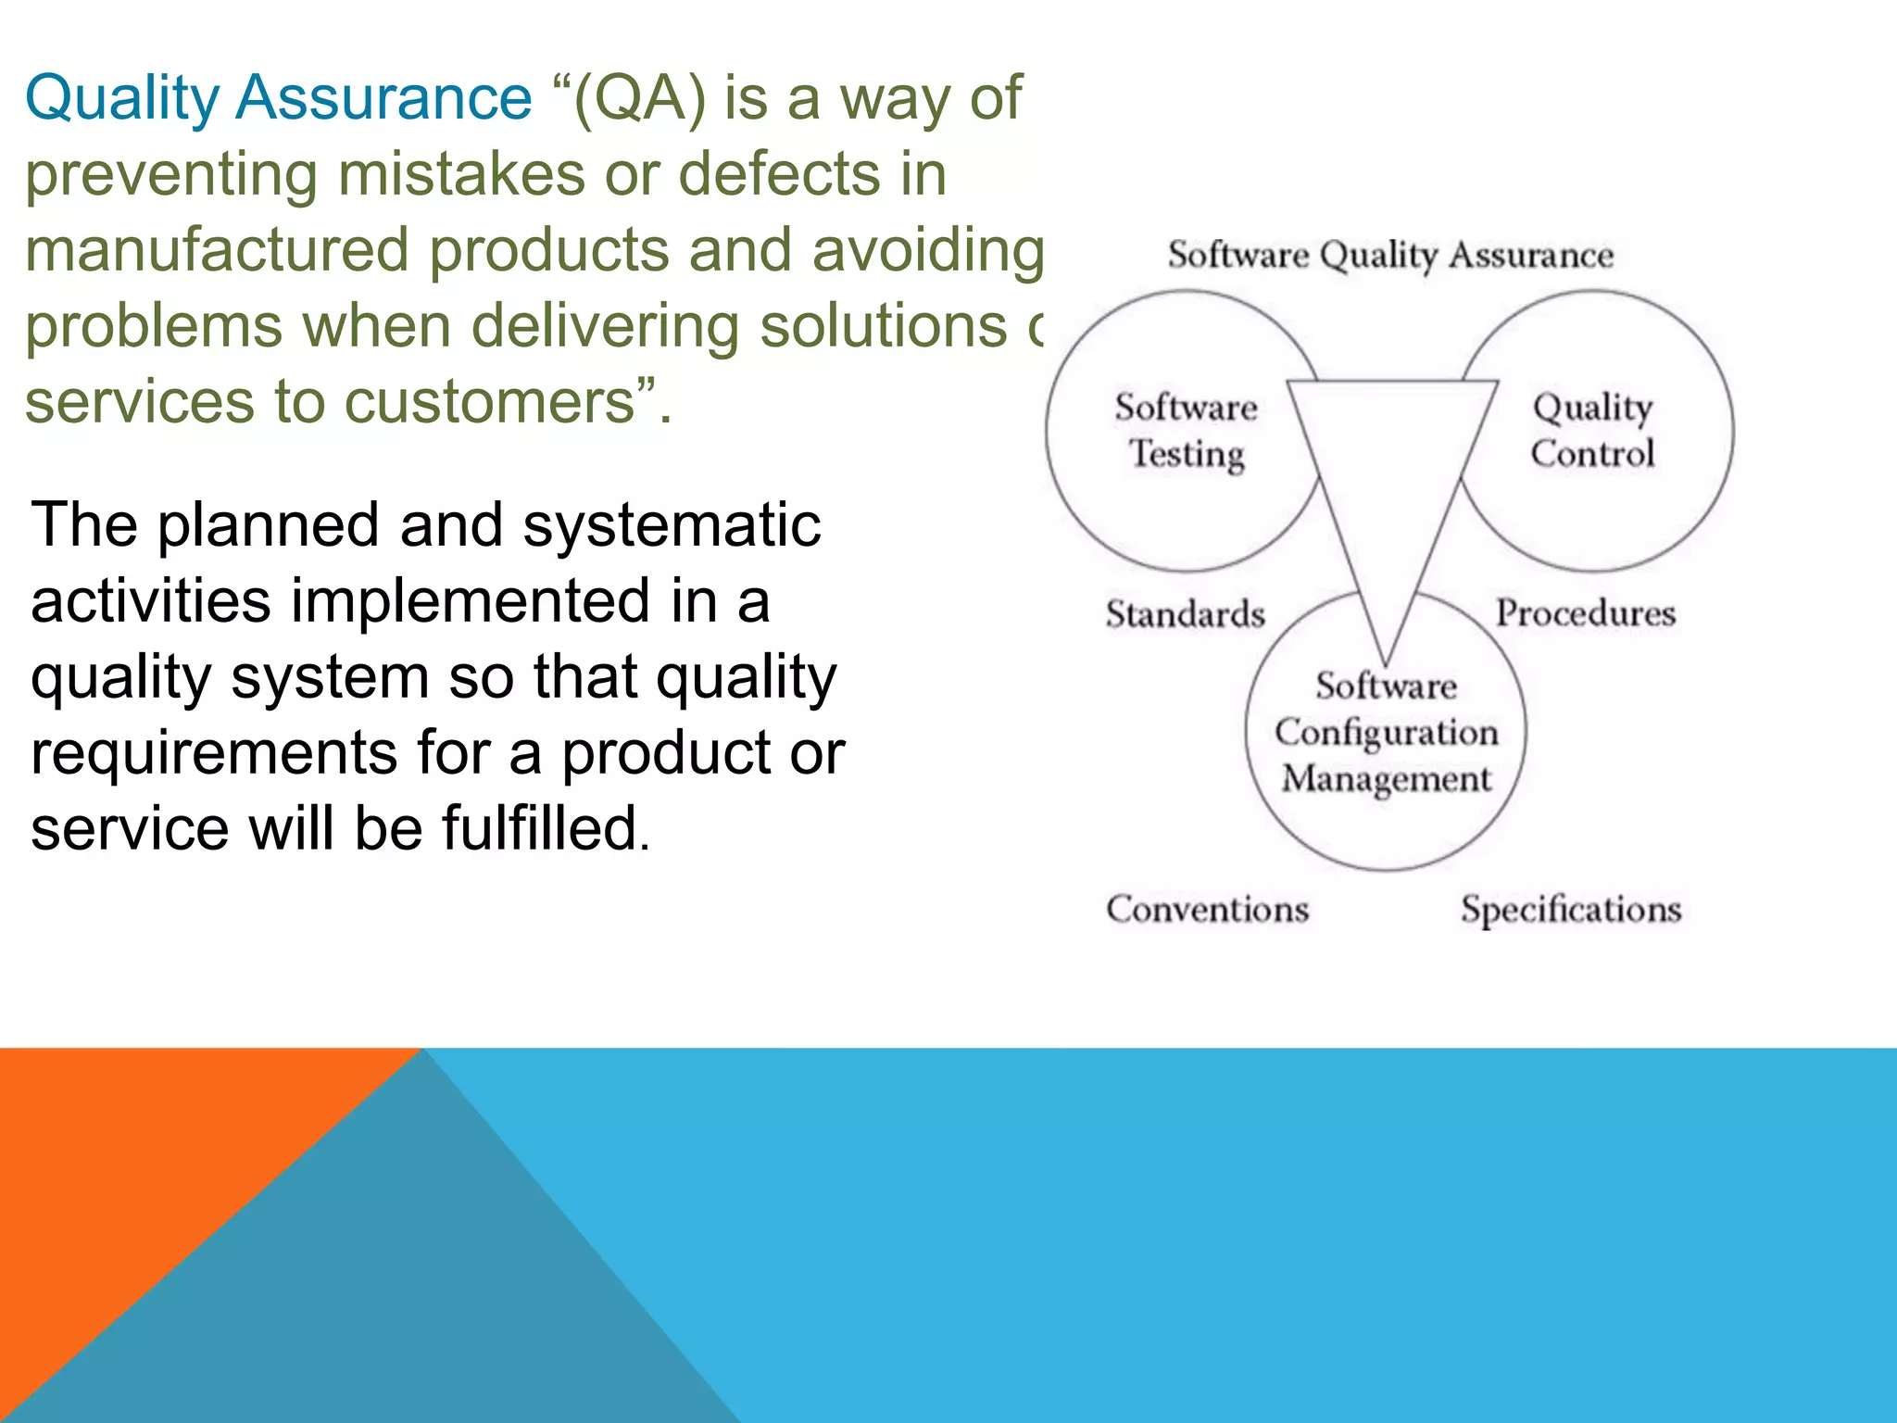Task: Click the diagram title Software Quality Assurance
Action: (1389, 255)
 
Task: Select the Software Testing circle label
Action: (1187, 431)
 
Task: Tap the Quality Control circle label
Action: (1592, 431)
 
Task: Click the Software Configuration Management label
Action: (1386, 733)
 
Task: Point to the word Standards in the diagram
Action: (1185, 614)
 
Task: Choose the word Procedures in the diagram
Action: (1586, 613)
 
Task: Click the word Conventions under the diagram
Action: (1207, 909)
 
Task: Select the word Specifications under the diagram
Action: (1571, 910)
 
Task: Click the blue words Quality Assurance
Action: (278, 97)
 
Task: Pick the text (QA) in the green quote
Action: (639, 97)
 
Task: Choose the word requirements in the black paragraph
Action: (214, 752)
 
